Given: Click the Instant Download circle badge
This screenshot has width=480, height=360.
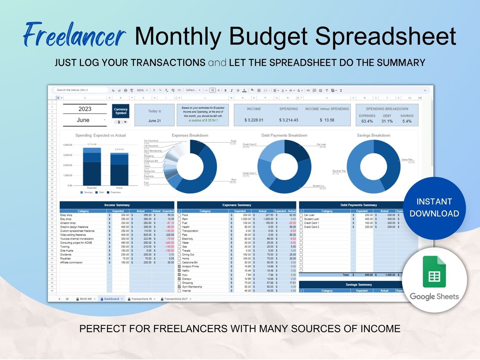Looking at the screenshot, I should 434,208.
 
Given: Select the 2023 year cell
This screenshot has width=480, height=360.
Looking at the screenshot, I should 85,109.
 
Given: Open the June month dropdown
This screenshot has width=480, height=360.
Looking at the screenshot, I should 85,120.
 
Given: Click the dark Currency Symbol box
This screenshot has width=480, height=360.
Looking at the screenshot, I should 121,112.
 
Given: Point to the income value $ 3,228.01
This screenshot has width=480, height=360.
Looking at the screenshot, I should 254,120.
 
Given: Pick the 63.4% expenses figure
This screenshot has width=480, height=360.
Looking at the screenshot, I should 367,121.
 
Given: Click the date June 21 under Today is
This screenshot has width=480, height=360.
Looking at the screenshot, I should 155,120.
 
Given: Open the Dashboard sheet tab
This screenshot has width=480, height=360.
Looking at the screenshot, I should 112,299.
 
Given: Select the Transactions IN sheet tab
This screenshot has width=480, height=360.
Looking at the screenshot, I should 141,299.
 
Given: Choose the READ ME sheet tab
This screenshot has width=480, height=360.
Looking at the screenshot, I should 85,299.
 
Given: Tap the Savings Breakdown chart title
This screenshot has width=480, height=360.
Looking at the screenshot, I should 373,136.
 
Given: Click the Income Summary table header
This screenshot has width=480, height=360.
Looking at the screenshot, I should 117,205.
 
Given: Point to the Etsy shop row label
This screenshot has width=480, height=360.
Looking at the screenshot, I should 66,219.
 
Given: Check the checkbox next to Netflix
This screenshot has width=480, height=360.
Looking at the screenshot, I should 179,271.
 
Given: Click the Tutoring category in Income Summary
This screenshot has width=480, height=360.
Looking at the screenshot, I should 65,247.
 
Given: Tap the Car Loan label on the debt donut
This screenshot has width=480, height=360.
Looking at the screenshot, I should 321,144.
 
